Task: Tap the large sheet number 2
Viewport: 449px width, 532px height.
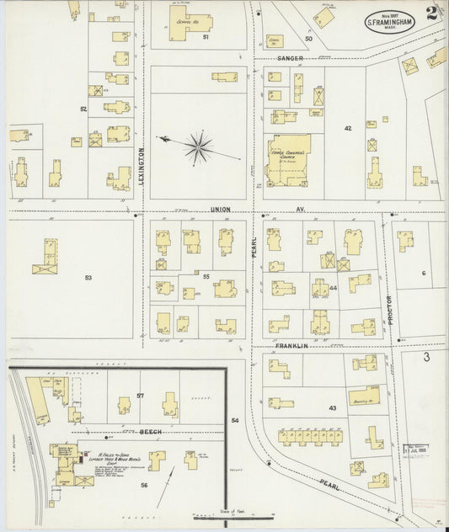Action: pyautogui.click(x=431, y=13)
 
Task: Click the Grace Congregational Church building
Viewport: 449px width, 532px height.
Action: pyautogui.click(x=288, y=157)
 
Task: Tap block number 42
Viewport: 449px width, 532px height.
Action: pyautogui.click(x=347, y=128)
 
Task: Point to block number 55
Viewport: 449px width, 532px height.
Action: pyautogui.click(x=206, y=275)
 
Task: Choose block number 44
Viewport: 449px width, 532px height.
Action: pyautogui.click(x=334, y=288)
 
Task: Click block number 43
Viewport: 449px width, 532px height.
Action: pyautogui.click(x=332, y=408)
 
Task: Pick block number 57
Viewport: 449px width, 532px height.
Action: pyautogui.click(x=141, y=396)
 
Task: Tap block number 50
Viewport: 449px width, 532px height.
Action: pyautogui.click(x=308, y=39)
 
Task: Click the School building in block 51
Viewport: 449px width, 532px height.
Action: pyautogui.click(x=191, y=19)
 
